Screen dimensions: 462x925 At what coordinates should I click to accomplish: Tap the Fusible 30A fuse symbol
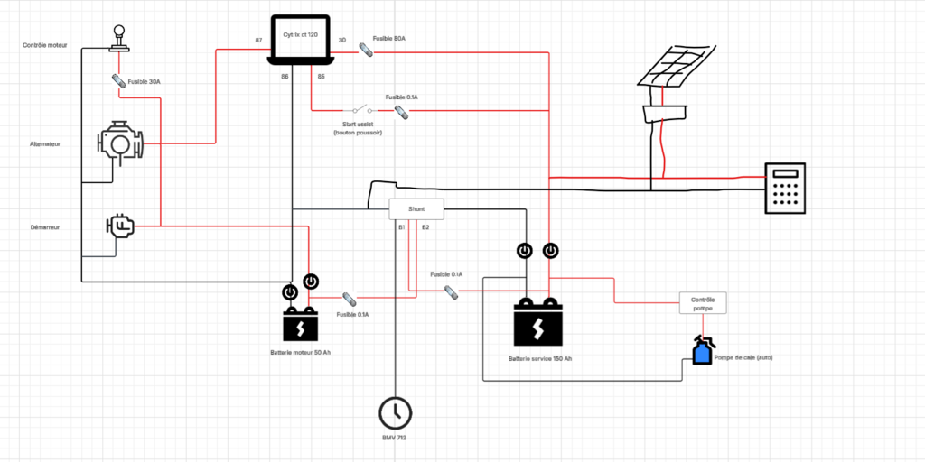tap(118, 80)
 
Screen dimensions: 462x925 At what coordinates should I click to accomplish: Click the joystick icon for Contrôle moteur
tap(118, 37)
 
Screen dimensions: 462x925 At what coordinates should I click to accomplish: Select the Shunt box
tap(416, 208)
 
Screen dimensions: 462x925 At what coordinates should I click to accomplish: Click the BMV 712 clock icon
tap(394, 412)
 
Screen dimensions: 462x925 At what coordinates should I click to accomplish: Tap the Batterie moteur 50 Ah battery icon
tap(301, 323)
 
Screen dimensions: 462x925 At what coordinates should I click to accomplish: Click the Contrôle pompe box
tap(703, 303)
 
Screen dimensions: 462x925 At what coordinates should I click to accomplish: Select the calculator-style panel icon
tap(785, 188)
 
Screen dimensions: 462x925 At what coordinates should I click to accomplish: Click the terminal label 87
tap(259, 41)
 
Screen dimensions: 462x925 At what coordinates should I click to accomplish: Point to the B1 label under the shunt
tap(401, 227)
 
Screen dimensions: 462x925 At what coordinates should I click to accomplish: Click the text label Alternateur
tap(44, 143)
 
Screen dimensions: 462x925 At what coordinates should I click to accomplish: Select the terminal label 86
tap(285, 77)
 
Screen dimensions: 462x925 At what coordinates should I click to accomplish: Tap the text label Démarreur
tap(44, 228)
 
